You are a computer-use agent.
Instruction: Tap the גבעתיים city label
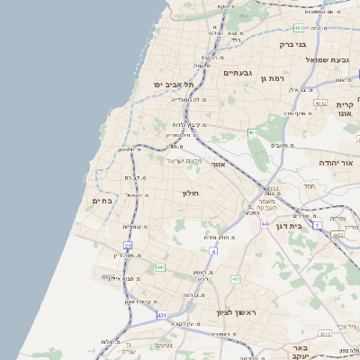(238, 73)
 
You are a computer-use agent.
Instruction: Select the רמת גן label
(270, 80)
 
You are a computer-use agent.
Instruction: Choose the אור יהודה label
(314, 162)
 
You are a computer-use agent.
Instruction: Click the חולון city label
(190, 193)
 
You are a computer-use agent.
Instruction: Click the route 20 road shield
(128, 245)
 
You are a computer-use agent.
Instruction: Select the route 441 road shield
(160, 267)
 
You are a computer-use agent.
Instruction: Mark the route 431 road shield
(161, 316)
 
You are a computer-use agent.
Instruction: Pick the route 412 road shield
(236, 280)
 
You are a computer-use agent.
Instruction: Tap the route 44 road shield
(265, 223)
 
